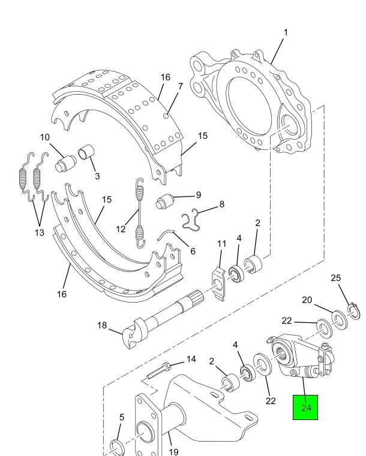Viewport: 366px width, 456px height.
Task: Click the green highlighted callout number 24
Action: pyautogui.click(x=306, y=407)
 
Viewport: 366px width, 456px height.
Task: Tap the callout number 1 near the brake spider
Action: pyautogui.click(x=286, y=32)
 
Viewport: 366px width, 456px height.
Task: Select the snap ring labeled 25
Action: pyautogui.click(x=353, y=311)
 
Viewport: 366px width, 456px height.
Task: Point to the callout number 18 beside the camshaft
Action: pyautogui.click(x=102, y=325)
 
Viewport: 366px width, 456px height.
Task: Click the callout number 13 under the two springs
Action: pyautogui.click(x=40, y=232)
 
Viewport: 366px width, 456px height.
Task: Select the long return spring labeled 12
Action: pyautogui.click(x=140, y=213)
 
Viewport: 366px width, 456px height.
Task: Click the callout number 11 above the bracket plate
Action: pyautogui.click(x=221, y=244)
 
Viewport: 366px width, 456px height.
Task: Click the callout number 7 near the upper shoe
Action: pyautogui.click(x=181, y=86)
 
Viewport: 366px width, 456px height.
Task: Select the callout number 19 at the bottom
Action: pyautogui.click(x=173, y=451)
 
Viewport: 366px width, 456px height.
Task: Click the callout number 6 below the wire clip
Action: pyautogui.click(x=193, y=251)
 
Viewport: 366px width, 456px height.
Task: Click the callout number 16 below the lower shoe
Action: pyautogui.click(x=62, y=294)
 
